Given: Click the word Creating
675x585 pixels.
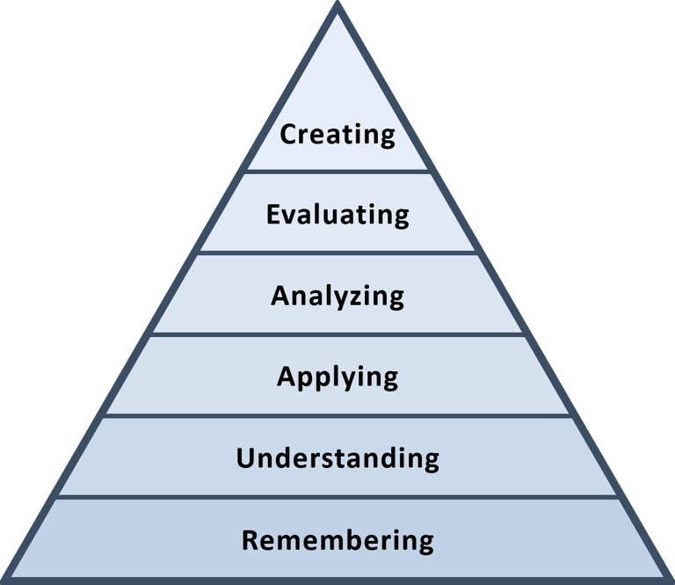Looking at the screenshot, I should click(x=337, y=135).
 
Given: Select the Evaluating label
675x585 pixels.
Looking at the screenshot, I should click(x=337, y=215).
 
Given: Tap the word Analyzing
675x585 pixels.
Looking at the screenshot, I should click(x=337, y=296).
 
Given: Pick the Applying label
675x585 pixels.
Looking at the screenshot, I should click(x=337, y=377).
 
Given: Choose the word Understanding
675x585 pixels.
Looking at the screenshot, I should click(x=337, y=458).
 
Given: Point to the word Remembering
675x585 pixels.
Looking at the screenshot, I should click(x=337, y=539).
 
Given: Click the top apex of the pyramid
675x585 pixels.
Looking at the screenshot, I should click(x=337, y=7).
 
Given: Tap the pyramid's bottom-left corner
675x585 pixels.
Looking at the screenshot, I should click(x=7, y=578).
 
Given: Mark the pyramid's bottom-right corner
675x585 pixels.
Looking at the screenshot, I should click(x=667, y=578).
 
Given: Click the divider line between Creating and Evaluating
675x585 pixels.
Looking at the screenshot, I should click(x=337, y=172).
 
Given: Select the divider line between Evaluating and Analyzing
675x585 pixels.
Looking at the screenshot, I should click(x=337, y=253).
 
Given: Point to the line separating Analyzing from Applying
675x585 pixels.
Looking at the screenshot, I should click(x=337, y=334).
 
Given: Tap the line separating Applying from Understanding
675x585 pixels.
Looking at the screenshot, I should click(x=337, y=415).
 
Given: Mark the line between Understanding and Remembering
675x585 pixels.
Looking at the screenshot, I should click(x=337, y=497).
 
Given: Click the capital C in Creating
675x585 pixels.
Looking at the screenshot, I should click(x=289, y=135).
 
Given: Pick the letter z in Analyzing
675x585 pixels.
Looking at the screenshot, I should click(x=356, y=296).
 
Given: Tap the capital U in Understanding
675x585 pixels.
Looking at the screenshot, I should click(x=246, y=458).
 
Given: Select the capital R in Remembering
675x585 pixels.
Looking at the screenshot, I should click(x=250, y=539).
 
